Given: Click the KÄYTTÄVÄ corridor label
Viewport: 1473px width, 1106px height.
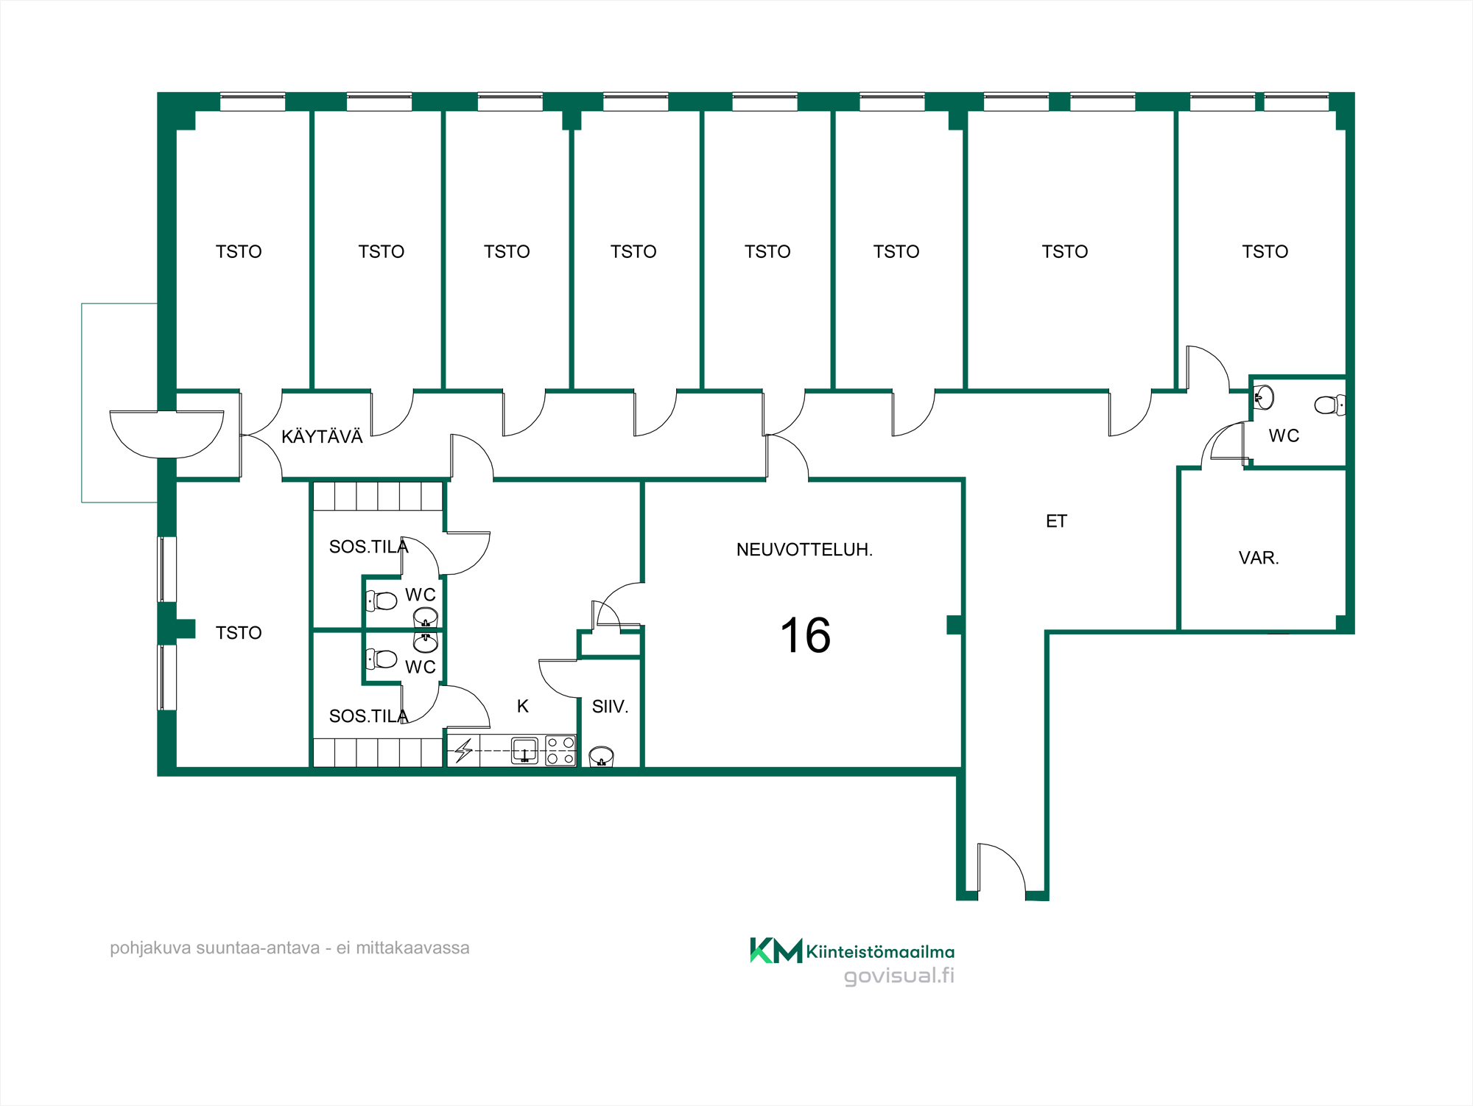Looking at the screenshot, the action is coord(322,436).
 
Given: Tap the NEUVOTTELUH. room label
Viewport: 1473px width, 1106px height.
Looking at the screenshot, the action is coord(804,550).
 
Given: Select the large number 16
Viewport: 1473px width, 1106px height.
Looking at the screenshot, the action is coord(806,635).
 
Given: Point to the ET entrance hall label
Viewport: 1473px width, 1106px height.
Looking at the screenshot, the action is coord(1056,522).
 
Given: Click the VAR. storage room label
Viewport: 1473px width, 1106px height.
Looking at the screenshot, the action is coord(1259,558).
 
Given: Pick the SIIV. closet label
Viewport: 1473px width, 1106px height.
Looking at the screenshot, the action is coord(610,707).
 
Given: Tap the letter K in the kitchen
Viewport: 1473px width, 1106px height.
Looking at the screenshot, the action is coord(523,706).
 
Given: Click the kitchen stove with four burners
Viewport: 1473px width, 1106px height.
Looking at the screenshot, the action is coord(560,751).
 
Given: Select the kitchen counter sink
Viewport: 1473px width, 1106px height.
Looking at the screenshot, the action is coord(524,751).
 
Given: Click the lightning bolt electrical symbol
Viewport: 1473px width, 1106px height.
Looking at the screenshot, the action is coord(463,751).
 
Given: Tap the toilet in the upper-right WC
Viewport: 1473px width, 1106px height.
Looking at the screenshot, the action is coord(1330,405).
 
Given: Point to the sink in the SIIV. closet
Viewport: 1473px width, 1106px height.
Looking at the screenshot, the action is coord(602,757).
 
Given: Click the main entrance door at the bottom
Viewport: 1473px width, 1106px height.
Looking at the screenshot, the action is coord(1001,870).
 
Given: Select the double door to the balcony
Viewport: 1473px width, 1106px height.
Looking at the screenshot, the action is coord(166,434).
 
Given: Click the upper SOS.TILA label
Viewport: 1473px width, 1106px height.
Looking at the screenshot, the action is coord(368,547).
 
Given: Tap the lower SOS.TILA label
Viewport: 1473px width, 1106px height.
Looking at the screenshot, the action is coord(368,716).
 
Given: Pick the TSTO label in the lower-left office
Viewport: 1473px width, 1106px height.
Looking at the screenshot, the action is coord(239,633).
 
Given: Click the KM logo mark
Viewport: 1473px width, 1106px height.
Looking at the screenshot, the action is coord(776,951).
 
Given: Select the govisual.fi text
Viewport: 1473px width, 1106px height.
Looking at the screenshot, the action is coord(899,976).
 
